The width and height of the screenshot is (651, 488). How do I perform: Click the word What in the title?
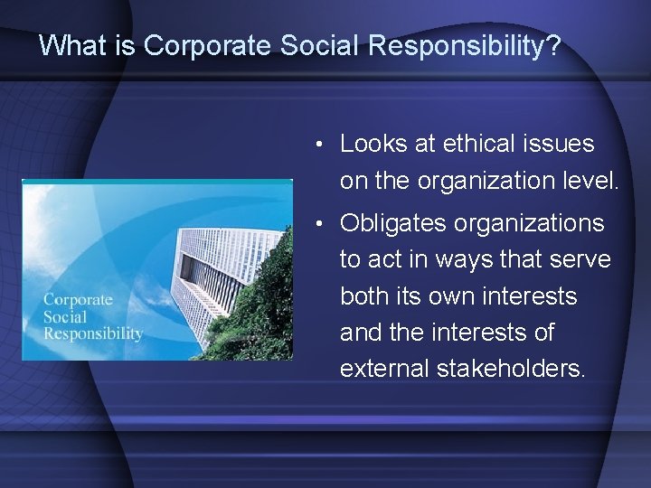(68, 45)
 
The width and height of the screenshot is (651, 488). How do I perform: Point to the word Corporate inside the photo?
(78, 300)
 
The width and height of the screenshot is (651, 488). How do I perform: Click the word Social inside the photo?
(65, 316)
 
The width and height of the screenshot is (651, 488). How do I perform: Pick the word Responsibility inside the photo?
(93, 333)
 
